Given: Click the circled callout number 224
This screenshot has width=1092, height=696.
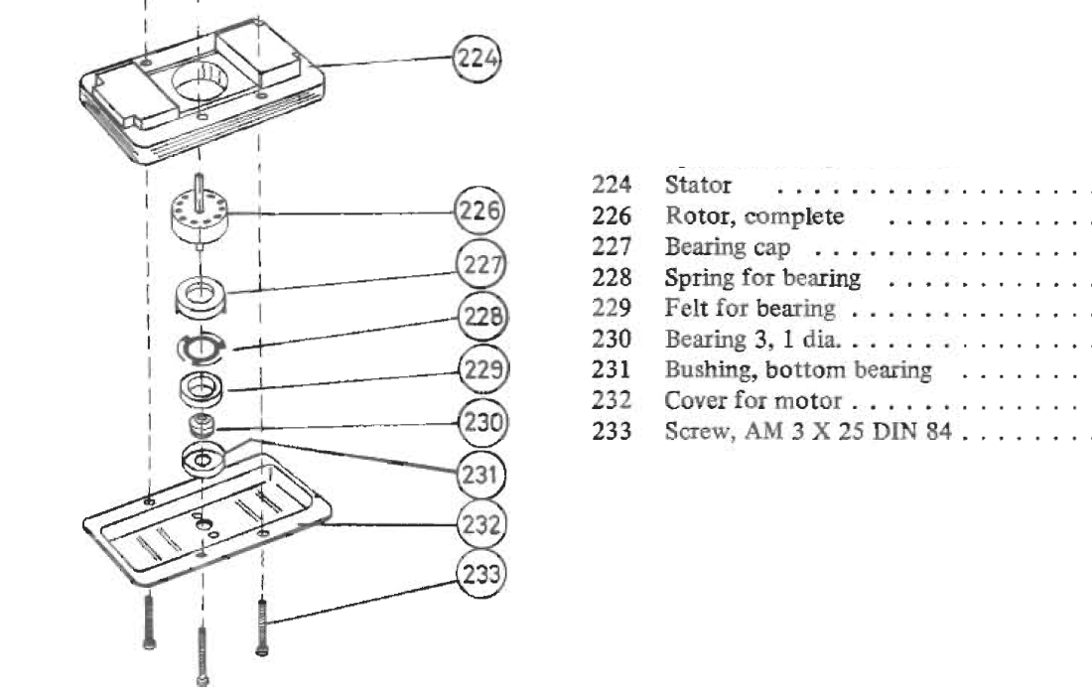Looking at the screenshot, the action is [x=478, y=58].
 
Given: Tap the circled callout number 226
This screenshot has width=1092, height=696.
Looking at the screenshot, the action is [x=478, y=210].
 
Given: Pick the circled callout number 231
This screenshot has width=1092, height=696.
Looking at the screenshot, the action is [x=480, y=476].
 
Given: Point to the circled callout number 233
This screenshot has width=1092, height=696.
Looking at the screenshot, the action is [x=480, y=574].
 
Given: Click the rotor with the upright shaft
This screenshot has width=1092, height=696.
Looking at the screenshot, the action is [x=200, y=211].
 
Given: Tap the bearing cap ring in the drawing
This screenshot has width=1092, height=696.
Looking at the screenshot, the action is [x=201, y=297].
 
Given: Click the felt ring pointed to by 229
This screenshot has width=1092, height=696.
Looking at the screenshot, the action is [x=202, y=389].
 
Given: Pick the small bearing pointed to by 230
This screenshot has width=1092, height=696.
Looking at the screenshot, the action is [x=202, y=424].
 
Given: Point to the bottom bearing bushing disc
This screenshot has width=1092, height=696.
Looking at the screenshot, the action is [x=204, y=460].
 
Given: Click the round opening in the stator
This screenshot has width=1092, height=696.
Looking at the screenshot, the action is [x=201, y=82].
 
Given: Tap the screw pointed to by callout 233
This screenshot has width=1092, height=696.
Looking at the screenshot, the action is [x=262, y=627].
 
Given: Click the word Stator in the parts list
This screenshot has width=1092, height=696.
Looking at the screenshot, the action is [x=698, y=186].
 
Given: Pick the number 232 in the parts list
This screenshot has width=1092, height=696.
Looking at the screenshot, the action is [x=612, y=400].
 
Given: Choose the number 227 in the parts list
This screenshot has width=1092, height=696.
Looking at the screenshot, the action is [x=612, y=246].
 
